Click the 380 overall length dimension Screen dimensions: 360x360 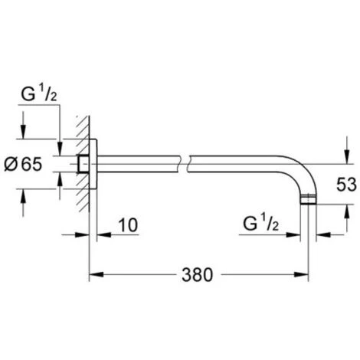pyautogui.click(x=197, y=275)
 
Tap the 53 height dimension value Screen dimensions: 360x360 pyautogui.click(x=346, y=185)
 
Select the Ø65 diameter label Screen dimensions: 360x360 pyautogui.click(x=23, y=164)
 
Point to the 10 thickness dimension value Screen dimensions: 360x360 pyautogui.click(x=129, y=225)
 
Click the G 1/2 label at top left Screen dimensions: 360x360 pyautogui.click(x=39, y=94)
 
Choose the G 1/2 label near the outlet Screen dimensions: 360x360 pyautogui.click(x=260, y=224)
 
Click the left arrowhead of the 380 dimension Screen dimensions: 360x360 pyautogui.click(x=97, y=275)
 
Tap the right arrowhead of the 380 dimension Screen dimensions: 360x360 pyautogui.click(x=301, y=275)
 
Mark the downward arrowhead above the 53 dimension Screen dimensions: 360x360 pyautogui.click(x=346, y=156)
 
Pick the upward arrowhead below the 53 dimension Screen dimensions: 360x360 pyautogui.click(x=346, y=211)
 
